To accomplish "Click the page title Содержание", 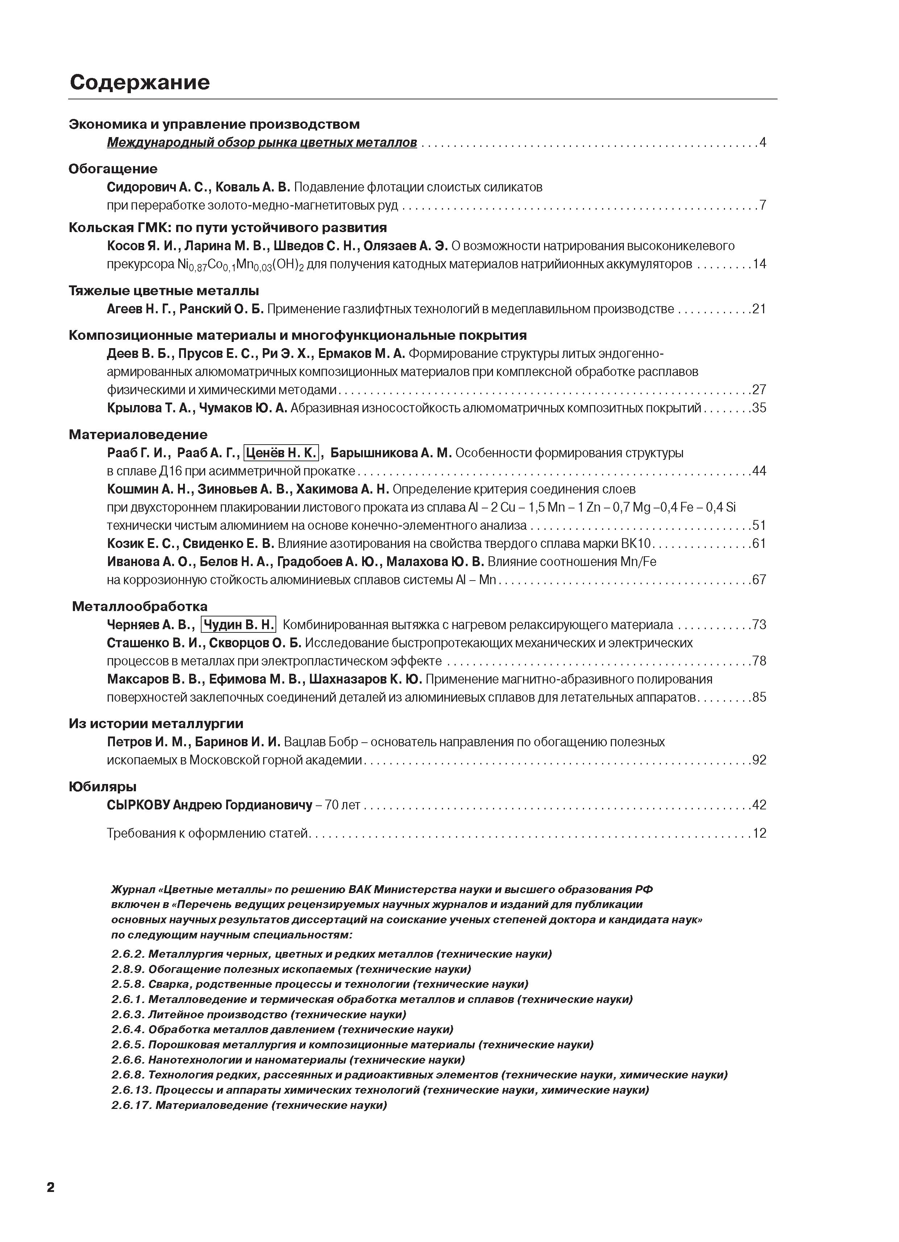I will (140, 82).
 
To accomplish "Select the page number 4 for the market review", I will (762, 143).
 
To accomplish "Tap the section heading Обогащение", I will (113, 169).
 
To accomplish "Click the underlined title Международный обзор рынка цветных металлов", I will (262, 143).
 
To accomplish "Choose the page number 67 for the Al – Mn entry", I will (759, 579).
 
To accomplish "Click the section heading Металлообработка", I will (140, 606).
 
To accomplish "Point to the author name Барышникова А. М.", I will (391, 453).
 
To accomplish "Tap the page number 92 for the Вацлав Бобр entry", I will (759, 760).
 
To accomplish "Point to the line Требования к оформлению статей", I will (208, 833).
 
